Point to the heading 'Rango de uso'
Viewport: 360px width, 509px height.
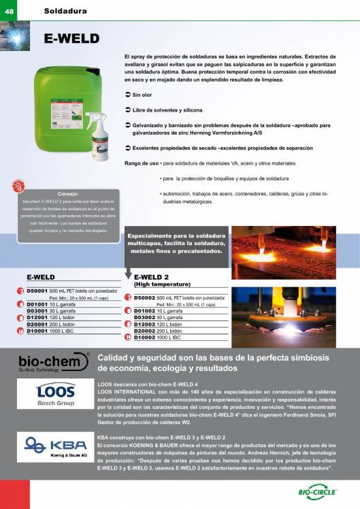click(142, 163)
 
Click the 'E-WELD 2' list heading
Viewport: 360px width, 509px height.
click(151, 277)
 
